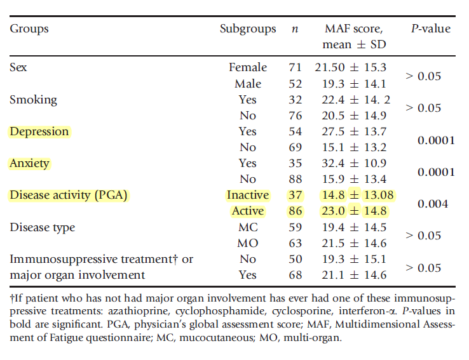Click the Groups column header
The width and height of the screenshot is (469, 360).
29,29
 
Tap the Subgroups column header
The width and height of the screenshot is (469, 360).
248,29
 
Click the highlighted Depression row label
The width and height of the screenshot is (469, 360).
39,131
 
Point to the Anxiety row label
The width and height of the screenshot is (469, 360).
29,163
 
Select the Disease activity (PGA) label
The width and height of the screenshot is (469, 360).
69,195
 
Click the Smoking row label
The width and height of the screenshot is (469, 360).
33,100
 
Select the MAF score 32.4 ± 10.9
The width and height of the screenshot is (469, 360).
355,163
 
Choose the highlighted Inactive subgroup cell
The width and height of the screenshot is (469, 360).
248,195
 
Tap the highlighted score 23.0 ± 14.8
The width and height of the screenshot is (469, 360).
355,211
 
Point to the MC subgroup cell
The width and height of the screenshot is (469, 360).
248,227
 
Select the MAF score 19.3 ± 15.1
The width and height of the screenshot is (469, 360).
355,259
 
